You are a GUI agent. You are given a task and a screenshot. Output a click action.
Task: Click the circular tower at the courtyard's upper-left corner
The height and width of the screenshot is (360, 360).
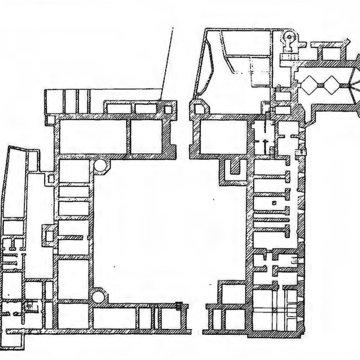pyautogui.click(x=101, y=166)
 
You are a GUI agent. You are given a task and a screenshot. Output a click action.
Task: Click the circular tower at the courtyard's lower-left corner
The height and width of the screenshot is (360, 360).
pyautogui.click(x=98, y=296)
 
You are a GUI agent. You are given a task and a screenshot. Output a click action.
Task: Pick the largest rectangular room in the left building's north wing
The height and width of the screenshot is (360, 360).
pyautogui.click(x=93, y=136)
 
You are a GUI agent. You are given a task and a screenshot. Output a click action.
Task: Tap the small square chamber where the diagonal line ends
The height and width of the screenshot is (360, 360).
pyautogui.click(x=168, y=109)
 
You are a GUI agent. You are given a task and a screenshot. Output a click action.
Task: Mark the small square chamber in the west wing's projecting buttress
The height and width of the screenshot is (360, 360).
pyautogui.click(x=49, y=236)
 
